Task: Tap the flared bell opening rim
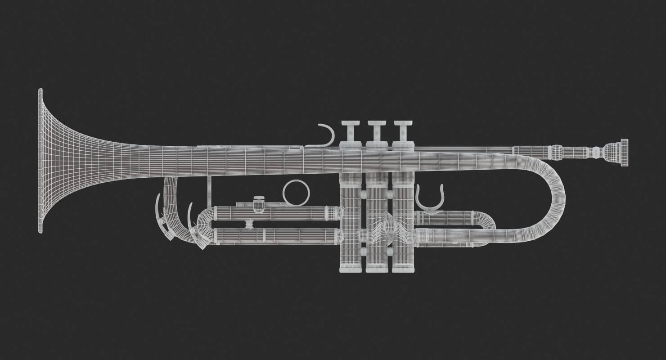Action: click(x=40, y=161)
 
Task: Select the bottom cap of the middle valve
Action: click(x=377, y=268)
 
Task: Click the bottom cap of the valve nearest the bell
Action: click(x=351, y=268)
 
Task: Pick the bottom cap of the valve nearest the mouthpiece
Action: click(x=403, y=268)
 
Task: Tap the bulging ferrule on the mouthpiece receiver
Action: click(x=557, y=152)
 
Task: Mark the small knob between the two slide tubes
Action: click(x=248, y=224)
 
